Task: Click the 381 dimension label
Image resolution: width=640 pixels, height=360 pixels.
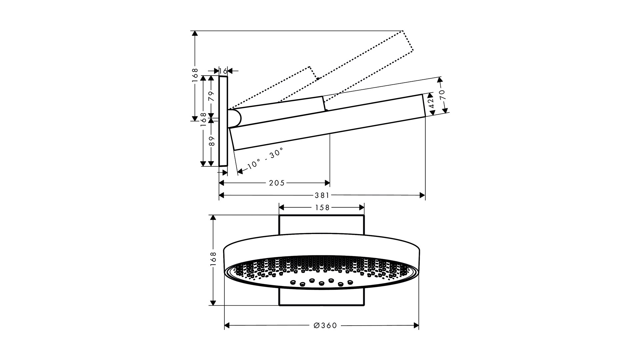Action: click(x=322, y=195)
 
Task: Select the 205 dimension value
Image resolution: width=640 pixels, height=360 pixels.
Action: click(x=277, y=183)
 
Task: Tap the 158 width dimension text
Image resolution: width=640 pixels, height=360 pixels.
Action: click(x=322, y=208)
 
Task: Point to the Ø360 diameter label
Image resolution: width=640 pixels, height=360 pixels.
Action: click(x=325, y=325)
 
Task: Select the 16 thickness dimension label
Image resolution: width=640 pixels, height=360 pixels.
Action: click(x=224, y=71)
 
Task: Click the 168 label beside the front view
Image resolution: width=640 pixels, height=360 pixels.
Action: click(x=214, y=259)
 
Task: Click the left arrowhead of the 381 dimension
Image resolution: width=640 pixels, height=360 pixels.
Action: click(x=221, y=195)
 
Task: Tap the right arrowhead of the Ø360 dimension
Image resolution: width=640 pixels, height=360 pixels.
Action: click(x=416, y=325)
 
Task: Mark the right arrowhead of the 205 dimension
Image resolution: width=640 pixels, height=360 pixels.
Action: click(x=327, y=183)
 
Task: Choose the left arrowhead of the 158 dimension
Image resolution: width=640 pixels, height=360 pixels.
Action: click(x=281, y=208)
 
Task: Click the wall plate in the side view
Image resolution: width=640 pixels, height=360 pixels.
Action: click(x=223, y=121)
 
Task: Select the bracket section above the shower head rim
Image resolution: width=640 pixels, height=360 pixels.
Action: click(x=321, y=225)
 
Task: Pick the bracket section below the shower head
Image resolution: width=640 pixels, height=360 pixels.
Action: click(x=321, y=297)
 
